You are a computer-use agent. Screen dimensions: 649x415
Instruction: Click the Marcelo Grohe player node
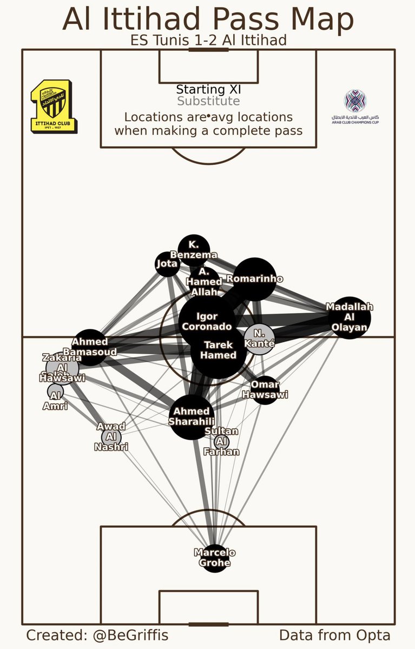click(215, 558)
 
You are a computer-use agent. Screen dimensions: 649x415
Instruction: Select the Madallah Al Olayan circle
click(350, 317)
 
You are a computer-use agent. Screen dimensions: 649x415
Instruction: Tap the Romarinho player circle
click(254, 279)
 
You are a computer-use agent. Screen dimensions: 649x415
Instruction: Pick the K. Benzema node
click(193, 250)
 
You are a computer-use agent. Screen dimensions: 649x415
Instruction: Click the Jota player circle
click(167, 264)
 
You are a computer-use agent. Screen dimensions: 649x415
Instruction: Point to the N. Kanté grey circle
click(259, 340)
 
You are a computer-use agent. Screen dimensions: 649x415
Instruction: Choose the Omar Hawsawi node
click(265, 390)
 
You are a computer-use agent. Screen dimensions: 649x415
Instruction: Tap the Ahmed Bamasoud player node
click(90, 347)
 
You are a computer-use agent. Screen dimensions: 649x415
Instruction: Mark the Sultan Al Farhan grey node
click(213, 442)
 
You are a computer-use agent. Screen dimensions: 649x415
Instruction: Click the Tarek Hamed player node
click(219, 350)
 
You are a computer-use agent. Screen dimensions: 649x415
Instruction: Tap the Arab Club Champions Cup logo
click(356, 106)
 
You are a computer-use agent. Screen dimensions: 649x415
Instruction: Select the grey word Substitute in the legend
click(208, 101)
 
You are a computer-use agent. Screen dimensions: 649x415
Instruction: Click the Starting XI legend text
click(208, 89)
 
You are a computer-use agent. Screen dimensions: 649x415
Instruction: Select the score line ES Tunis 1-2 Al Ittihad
click(208, 41)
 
